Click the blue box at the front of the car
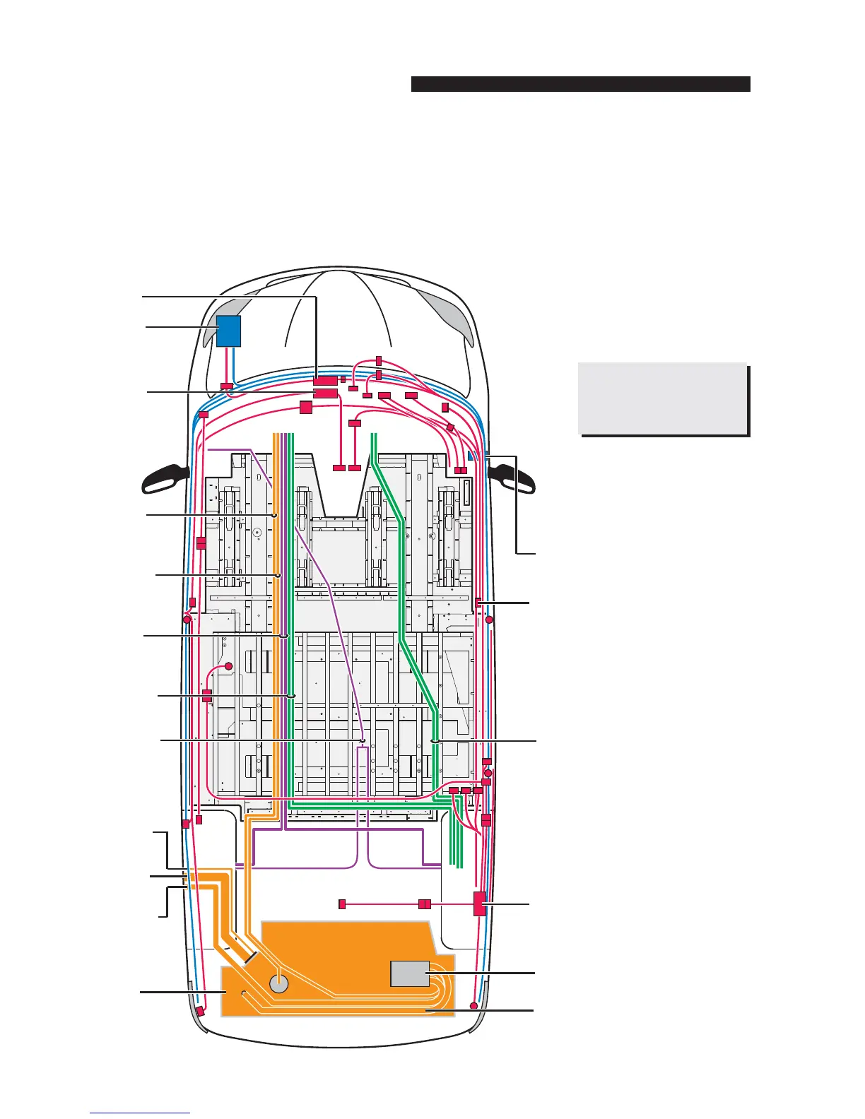coord(228,331)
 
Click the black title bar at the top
coord(580,84)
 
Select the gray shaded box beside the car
coord(662,398)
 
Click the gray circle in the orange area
coord(280,984)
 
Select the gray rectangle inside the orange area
coord(410,973)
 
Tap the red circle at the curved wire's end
coord(229,665)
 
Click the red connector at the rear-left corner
coord(200,1011)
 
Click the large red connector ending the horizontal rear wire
coord(480,904)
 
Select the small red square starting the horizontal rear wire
coord(342,904)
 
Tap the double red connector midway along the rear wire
coord(424,904)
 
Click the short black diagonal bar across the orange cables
coord(250,958)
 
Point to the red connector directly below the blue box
coord(226,386)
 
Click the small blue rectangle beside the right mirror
coord(470,455)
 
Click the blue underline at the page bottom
coord(140,1113)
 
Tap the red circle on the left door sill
coord(187,620)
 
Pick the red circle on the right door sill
coord(488,620)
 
